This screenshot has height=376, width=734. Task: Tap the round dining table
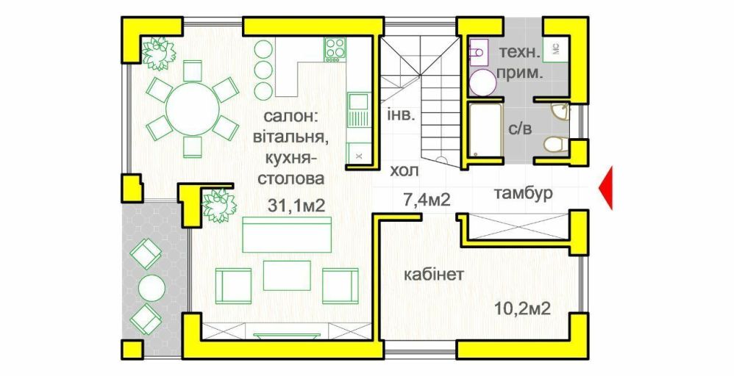[x=193, y=109]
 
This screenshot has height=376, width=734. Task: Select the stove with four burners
[x=335, y=50]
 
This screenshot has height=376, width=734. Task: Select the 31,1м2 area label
[x=297, y=206]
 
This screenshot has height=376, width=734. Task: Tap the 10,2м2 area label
[x=522, y=308]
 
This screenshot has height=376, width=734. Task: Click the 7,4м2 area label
[x=427, y=200]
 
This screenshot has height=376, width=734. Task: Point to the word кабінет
[x=434, y=274]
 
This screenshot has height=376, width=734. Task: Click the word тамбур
[x=523, y=192]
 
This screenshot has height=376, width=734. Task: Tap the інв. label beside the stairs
[x=401, y=115]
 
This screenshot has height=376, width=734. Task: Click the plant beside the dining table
[x=158, y=53]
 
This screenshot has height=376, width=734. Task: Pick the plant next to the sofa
[x=218, y=206]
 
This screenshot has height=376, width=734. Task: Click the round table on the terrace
[x=152, y=287]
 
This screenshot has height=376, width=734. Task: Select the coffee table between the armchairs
[x=287, y=275]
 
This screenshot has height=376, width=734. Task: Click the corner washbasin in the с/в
[x=561, y=112]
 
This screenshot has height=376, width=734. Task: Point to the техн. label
[x=519, y=51]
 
